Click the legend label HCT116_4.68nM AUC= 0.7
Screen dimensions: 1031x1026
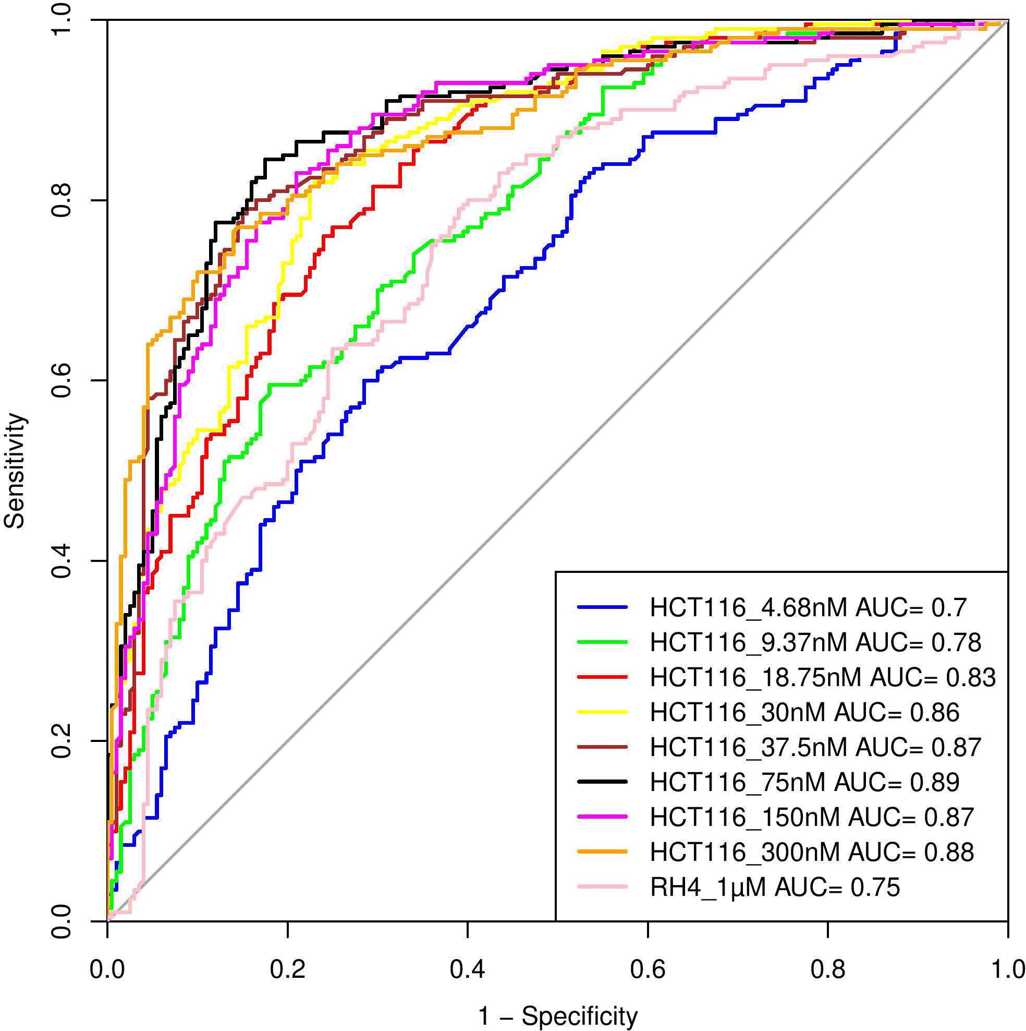808,608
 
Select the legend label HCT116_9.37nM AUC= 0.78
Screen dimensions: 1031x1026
815,642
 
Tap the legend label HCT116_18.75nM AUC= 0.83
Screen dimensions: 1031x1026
823,677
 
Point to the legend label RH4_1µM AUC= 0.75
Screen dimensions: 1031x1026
775,887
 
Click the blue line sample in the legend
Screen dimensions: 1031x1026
602,607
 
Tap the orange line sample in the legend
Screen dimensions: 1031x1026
602,852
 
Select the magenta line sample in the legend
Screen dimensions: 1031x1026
602,817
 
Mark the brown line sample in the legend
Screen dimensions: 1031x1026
602,747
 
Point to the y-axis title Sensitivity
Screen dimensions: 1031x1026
15,471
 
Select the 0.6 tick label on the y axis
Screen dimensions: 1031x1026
62,380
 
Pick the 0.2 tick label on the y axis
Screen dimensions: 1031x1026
62,741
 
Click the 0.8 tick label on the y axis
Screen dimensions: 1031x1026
62,200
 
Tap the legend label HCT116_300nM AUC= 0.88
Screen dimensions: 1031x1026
812,852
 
